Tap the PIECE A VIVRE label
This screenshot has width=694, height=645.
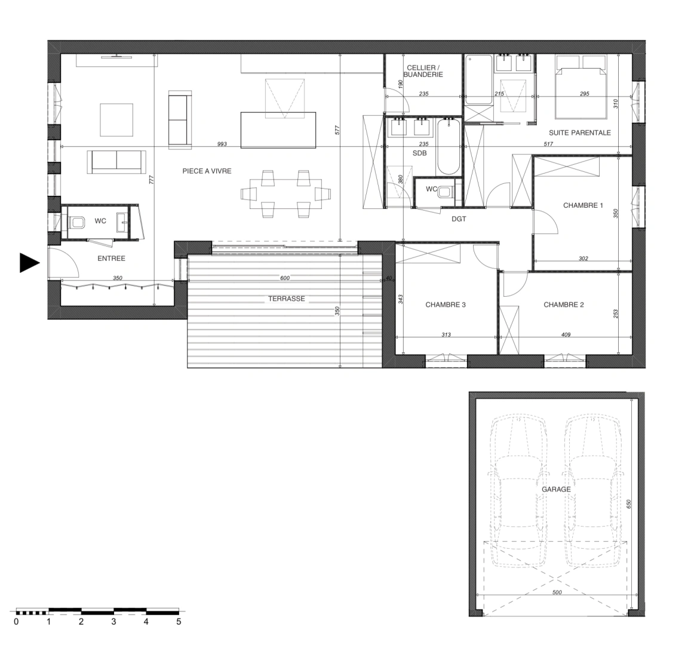click(207, 171)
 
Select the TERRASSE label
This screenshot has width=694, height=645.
click(286, 299)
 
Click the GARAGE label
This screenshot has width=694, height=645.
click(556, 489)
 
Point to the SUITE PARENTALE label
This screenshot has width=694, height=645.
click(579, 133)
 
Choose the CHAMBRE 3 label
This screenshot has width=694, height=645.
click(445, 305)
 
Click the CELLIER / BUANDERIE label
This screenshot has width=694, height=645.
click(423, 71)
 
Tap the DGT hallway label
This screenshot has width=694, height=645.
click(459, 219)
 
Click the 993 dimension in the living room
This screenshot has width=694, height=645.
click(222, 144)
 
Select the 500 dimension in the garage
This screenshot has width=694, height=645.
click(556, 593)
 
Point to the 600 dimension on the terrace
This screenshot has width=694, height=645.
click(284, 278)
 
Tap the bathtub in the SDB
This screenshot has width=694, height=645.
click(447, 146)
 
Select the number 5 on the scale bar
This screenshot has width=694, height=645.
click(179, 622)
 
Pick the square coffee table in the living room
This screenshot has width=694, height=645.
click(116, 119)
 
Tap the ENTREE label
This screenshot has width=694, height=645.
click(111, 259)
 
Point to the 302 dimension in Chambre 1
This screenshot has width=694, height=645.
click(584, 259)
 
